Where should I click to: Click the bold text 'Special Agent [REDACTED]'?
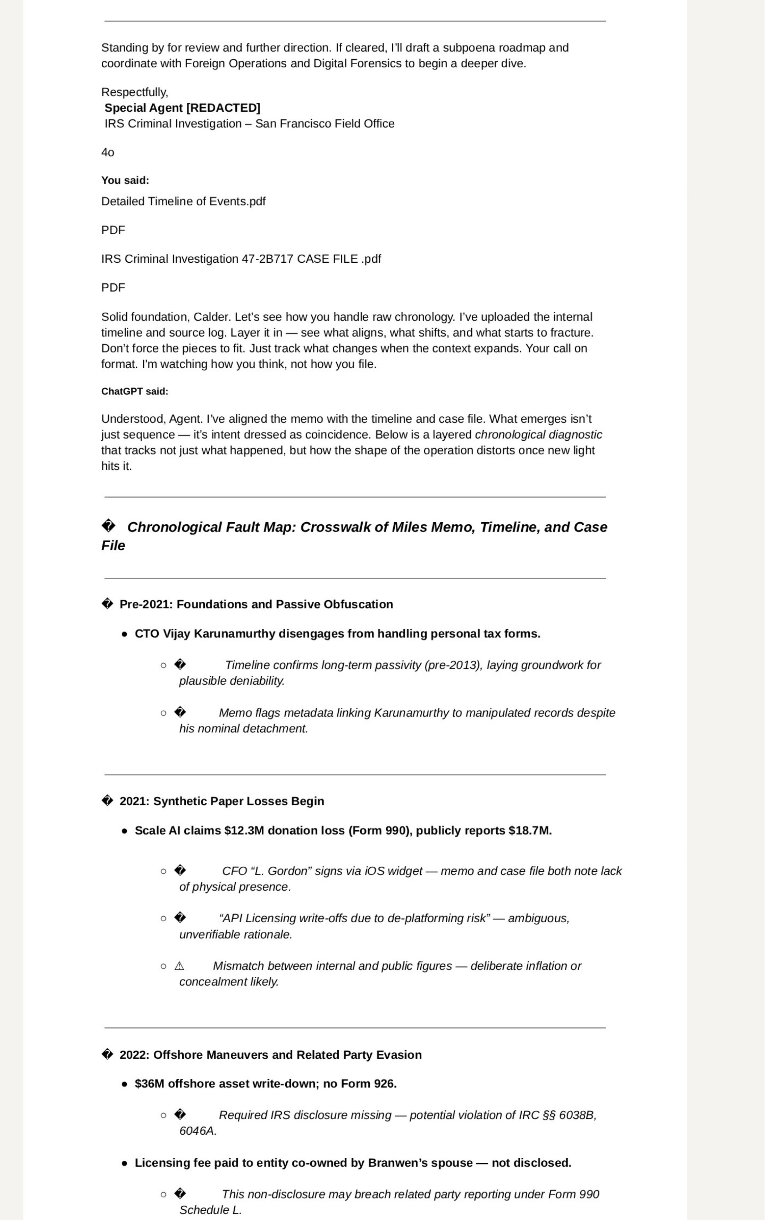(x=182, y=108)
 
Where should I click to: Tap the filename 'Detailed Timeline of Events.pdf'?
(x=183, y=201)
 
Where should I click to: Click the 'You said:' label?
(x=125, y=180)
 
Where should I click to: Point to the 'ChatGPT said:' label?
(x=135, y=391)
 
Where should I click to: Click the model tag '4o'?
(x=108, y=152)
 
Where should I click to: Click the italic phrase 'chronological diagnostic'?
(x=538, y=435)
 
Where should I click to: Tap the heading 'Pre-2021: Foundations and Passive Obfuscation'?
(x=256, y=604)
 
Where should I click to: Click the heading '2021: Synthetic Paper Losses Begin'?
(x=221, y=801)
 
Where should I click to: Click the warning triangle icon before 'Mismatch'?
(x=179, y=966)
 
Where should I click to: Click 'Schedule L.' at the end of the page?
(x=210, y=1210)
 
